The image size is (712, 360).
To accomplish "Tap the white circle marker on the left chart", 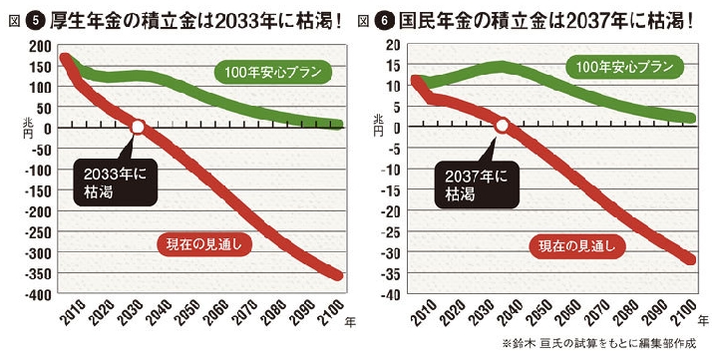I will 140,127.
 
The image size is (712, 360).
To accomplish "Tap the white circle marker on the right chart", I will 503,127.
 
